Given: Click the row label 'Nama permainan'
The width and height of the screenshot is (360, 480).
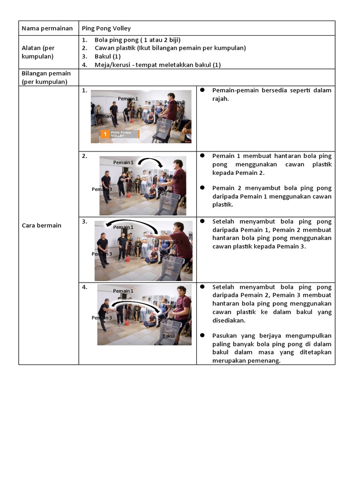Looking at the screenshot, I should point(47,29).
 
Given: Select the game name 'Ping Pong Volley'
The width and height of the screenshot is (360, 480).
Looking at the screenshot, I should point(106,29).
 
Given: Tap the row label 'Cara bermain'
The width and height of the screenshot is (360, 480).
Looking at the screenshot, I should point(42,225).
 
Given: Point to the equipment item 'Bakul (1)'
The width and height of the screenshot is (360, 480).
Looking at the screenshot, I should point(107,56).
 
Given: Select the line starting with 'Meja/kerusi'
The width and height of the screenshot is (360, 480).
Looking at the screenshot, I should point(157,65).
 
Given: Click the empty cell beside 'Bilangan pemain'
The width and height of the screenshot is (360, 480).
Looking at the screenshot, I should point(206,77).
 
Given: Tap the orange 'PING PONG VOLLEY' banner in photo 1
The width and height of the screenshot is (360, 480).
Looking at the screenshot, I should point(120,134).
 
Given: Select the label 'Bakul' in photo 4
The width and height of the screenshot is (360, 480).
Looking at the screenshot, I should point(169,336).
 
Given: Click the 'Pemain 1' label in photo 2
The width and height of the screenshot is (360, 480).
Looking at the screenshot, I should point(123,162).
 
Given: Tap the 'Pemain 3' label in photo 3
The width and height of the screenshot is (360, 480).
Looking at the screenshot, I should point(102,254).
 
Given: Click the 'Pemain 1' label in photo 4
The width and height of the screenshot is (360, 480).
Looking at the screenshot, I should point(123,291).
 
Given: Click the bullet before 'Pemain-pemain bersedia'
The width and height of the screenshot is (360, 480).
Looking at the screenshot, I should point(202,90).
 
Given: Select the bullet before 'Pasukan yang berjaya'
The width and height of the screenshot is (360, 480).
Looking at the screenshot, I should point(202,336).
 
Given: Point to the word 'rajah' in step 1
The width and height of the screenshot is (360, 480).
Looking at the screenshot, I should point(220,98).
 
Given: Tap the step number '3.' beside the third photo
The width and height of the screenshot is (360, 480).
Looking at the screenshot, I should point(84,222).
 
